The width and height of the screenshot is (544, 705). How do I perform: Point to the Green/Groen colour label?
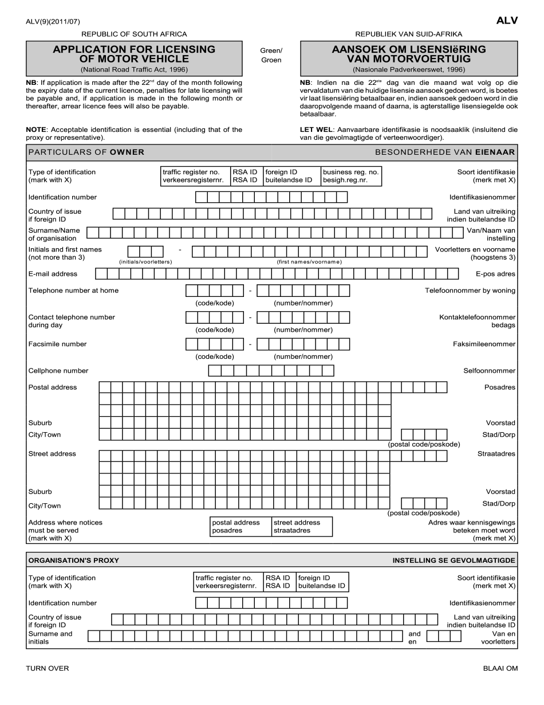(271, 55)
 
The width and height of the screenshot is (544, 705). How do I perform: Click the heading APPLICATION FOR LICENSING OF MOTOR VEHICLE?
(134, 54)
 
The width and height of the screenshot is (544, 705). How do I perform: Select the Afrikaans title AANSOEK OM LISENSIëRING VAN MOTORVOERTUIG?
(408, 54)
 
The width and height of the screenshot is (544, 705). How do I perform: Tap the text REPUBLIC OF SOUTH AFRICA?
(134, 34)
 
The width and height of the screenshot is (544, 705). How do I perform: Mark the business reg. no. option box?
(350, 176)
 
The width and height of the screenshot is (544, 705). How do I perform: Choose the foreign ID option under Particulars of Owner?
(291, 176)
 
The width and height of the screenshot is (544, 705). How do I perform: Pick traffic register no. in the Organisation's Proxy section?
(228, 582)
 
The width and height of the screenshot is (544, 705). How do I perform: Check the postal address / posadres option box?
(241, 526)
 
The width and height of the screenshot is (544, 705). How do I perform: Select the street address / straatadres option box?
(302, 526)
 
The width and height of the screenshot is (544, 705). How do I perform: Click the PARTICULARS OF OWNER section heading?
(86, 152)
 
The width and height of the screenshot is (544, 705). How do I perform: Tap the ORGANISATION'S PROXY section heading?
(74, 560)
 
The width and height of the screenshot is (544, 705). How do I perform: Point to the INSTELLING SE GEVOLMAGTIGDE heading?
(454, 560)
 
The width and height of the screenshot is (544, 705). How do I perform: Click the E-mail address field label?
(53, 274)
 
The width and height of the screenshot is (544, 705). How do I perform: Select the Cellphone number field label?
(58, 371)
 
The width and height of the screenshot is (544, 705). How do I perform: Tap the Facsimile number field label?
(57, 344)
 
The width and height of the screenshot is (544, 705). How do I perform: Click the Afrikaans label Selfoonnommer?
(489, 371)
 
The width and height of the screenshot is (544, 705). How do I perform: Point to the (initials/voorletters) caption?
(145, 262)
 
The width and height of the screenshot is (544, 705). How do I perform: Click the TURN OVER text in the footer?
(48, 668)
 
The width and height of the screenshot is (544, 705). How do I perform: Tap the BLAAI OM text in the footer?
(500, 668)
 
